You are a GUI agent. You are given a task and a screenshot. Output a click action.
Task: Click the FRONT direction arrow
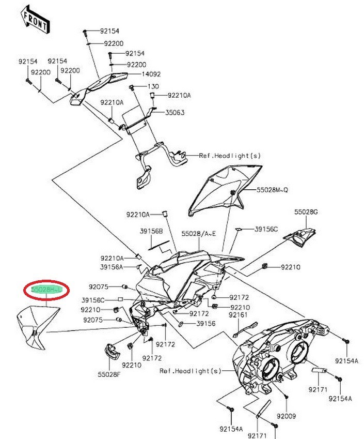coord(34,18)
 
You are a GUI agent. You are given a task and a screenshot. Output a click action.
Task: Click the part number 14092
coord(137,74)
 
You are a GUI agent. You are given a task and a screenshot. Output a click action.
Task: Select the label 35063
coord(175,112)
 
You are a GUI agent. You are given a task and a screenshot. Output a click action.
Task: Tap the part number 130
coord(153,86)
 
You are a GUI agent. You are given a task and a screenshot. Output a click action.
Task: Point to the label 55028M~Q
coord(273,190)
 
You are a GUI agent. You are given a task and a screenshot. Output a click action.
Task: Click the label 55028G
coord(306,212)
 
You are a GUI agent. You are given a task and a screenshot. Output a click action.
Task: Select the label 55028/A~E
coord(198,234)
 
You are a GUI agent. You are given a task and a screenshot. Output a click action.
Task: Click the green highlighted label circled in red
coord(46,291)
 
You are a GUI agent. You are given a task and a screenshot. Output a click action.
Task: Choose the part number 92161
coord(238,314)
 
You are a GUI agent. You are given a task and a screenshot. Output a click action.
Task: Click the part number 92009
coord(286,415)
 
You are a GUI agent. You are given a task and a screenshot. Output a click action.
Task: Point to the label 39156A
coord(112,267)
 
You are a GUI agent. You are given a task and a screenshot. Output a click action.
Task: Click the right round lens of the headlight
coord(300,354)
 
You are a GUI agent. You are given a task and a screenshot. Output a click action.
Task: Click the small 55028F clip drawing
coord(111,352)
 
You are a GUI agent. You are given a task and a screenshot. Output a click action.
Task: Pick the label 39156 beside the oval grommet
coord(205,324)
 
